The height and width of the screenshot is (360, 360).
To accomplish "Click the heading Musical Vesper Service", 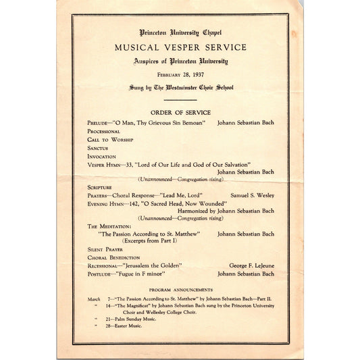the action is click(x=180, y=47).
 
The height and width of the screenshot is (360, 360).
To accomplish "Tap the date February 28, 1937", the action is click(x=180, y=74).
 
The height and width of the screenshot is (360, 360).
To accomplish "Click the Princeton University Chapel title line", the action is click(x=180, y=32).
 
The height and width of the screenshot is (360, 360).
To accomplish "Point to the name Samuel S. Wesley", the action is click(x=252, y=195).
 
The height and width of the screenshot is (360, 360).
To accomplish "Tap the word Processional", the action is click(x=103, y=132).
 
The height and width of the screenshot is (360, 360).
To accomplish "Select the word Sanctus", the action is click(x=97, y=147).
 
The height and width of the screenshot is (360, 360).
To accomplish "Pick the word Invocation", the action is click(x=101, y=155).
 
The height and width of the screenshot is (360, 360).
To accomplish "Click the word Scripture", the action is click(x=99, y=186).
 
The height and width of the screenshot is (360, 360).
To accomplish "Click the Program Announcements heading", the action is click(x=180, y=289).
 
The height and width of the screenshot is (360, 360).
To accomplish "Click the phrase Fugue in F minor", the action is click(x=150, y=274).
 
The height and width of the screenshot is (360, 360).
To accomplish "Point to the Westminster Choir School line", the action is click(x=180, y=88).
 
